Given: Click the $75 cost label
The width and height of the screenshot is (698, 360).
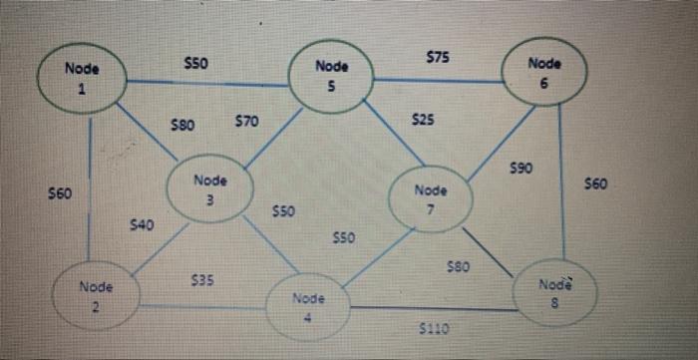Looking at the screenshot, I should coord(437,58).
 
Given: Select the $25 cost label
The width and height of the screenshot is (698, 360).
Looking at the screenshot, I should coord(423,120).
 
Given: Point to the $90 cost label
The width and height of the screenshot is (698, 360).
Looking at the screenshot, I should coord(520,171).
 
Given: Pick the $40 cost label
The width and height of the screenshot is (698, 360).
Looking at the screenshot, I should coord(142,226).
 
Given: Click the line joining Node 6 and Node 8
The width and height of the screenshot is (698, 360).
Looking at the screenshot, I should coord(562,180).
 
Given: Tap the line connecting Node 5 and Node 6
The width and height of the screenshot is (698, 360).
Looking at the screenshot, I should coord(439,80).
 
